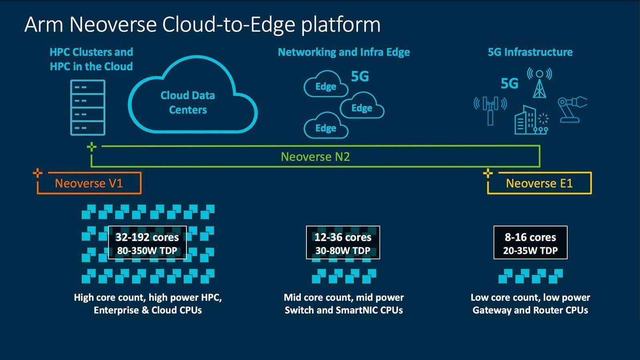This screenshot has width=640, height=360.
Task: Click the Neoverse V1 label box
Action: (89, 183)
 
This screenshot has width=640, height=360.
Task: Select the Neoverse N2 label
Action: (315, 156)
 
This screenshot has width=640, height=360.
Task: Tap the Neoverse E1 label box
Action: (539, 183)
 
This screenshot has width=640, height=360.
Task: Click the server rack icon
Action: (88, 107)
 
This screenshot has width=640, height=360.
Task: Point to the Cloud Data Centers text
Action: (188, 102)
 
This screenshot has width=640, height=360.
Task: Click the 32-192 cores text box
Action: (147, 243)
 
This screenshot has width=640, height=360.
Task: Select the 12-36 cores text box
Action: (343, 243)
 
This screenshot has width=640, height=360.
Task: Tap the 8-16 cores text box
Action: (530, 243)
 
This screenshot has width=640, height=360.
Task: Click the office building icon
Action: (525, 120)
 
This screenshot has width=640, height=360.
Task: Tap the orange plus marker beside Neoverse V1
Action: (37, 173)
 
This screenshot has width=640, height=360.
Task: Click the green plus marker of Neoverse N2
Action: (92, 146)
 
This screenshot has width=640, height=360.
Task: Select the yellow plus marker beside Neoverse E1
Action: (488, 173)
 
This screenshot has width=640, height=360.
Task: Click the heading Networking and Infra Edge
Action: (344, 52)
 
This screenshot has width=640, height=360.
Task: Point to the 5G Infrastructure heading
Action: (530, 52)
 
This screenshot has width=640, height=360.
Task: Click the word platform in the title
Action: (341, 25)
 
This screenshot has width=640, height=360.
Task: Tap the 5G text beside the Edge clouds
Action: (360, 76)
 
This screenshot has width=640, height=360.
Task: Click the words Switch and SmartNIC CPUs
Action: (344, 310)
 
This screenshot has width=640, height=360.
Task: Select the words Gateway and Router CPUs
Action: (530, 310)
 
